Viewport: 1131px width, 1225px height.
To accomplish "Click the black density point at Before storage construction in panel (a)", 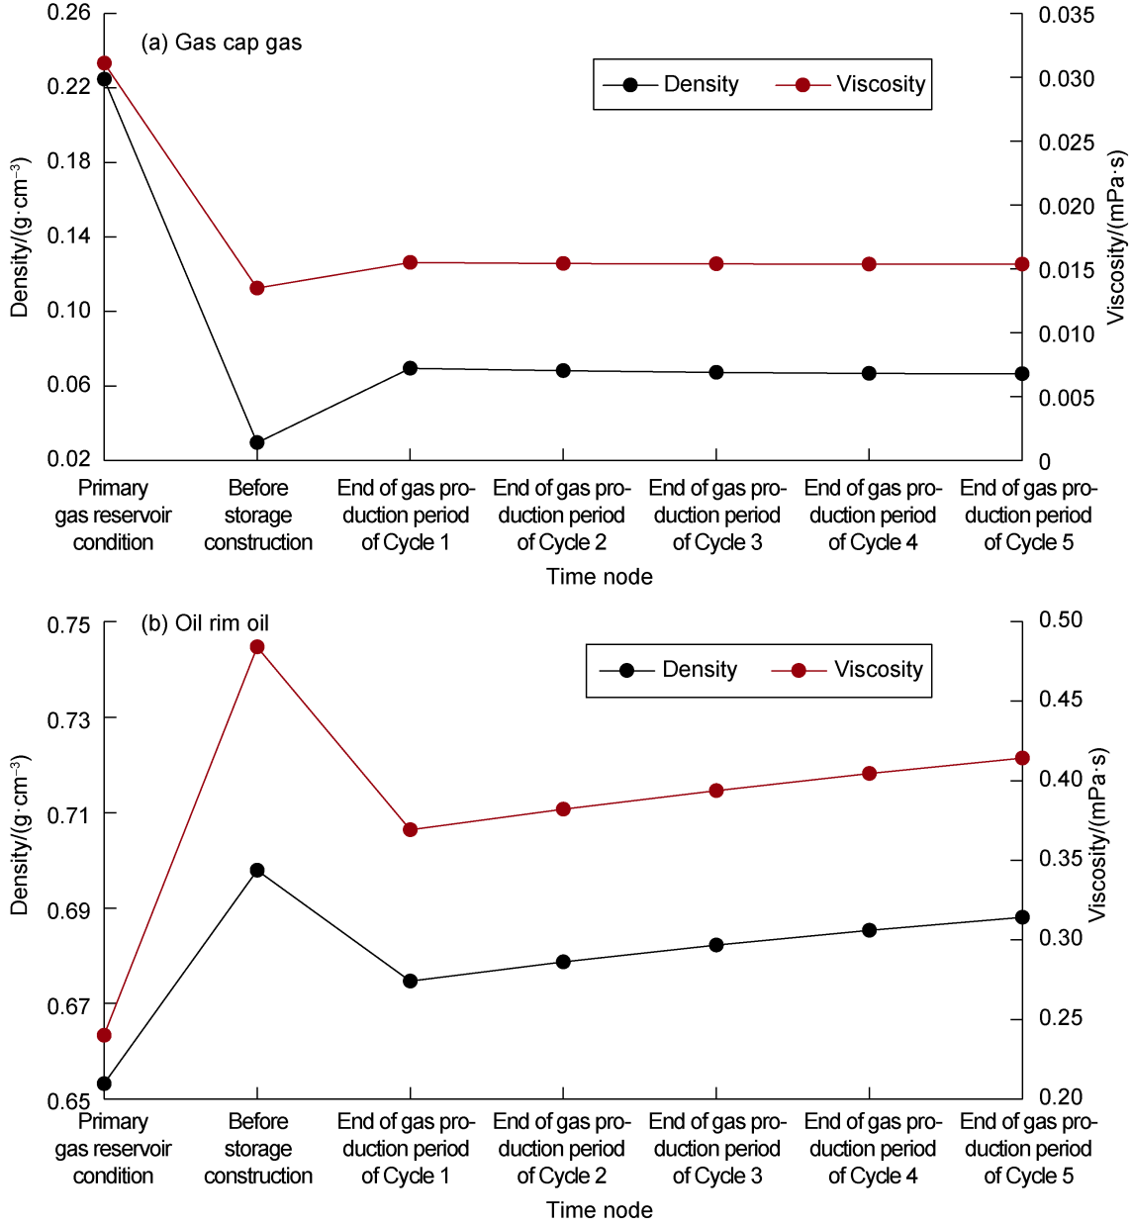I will pos(257,442).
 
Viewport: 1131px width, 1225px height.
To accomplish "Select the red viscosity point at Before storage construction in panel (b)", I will pos(257,647).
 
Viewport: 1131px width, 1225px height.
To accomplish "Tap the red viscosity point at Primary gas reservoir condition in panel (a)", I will pos(105,63).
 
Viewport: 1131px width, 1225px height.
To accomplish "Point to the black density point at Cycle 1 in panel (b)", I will pos(411,982).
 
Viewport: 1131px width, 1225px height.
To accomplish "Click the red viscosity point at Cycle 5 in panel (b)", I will pos(1022,758).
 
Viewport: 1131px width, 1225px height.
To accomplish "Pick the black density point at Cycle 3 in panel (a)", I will pos(716,373).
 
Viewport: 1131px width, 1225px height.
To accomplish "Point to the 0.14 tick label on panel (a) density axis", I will pos(68,236).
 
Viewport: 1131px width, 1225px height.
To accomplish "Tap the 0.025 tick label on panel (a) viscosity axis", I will pos(1066,142).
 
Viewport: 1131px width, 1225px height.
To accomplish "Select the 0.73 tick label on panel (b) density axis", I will pos(68,719).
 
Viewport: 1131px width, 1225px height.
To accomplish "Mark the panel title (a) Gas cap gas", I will pos(222,43).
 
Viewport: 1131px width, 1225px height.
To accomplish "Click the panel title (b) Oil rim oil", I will pos(205,623).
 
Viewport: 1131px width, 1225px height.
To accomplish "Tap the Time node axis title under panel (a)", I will pos(600,577).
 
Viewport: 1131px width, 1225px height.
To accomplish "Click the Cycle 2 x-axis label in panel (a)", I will pos(562,515).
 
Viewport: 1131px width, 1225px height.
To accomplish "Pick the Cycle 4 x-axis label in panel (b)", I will pos(873,1148).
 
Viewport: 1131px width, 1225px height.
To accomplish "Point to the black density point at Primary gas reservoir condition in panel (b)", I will pos(105,1084).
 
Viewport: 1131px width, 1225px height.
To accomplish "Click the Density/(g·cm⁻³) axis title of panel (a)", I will pos(20,237).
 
